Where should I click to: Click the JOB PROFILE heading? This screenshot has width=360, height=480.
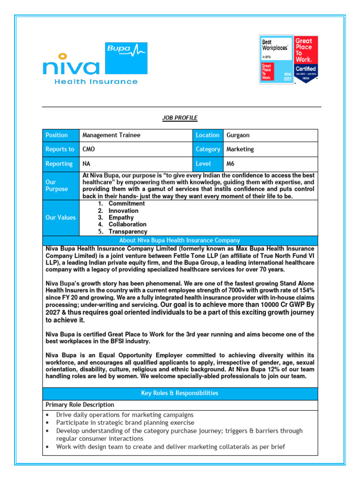(x=180, y=118)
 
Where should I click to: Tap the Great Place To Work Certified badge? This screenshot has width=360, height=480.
(x=306, y=60)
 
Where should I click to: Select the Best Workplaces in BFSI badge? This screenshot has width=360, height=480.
(x=276, y=60)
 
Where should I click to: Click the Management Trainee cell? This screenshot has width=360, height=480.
(x=112, y=135)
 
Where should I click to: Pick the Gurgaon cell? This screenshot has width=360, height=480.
(x=238, y=135)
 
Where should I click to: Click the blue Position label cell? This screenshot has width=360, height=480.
(x=57, y=135)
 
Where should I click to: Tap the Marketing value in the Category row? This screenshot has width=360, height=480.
(x=240, y=149)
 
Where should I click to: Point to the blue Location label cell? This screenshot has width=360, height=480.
(x=207, y=135)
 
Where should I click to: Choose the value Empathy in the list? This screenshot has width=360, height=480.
(x=121, y=217)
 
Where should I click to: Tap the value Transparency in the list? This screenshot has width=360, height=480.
(x=127, y=232)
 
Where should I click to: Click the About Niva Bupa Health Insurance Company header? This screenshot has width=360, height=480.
(x=180, y=240)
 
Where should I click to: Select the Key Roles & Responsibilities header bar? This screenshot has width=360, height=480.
(x=180, y=393)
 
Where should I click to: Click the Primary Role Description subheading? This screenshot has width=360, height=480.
(x=80, y=405)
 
